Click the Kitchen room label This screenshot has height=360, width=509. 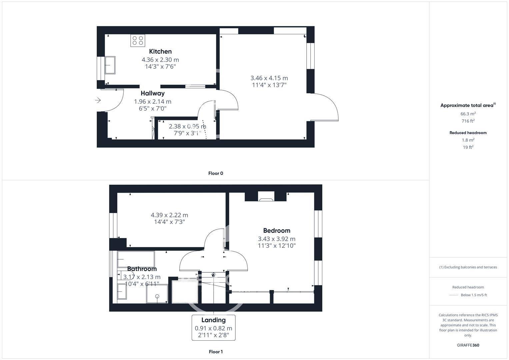coord(160,51)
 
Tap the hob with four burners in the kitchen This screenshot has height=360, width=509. coord(138,41)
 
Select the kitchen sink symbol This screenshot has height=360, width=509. coord(110,65)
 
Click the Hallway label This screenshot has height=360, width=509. coord(152,93)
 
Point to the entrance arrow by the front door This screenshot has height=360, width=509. coord(98,100)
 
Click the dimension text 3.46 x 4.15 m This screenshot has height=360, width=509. coord(269,78)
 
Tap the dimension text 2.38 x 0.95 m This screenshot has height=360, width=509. coord(187,126)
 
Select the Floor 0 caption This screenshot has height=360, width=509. coord(216,173)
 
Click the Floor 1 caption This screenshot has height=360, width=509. coord(216,352)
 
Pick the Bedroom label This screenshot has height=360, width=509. coord(277,230)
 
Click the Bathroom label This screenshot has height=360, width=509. coord(142,269)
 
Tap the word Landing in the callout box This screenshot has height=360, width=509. coord(213,320)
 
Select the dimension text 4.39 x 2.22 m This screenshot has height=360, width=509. coord(169,215)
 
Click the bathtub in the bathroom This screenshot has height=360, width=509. coord(136,259)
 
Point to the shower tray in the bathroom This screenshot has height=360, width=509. coord(157,294)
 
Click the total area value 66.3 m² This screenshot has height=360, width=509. coord(468,114)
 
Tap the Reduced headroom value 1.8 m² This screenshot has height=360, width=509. coord(468,140)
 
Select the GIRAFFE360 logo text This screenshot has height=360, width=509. coord(468,345)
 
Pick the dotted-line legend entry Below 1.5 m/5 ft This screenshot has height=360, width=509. coord(474,295)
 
